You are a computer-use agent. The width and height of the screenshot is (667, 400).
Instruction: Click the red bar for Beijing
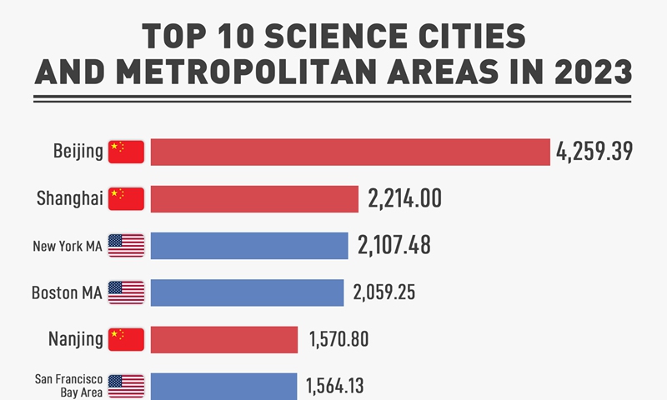click(350, 152)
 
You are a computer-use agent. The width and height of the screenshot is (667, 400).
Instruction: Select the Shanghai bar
click(254, 198)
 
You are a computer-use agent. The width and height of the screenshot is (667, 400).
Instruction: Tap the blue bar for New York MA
click(249, 246)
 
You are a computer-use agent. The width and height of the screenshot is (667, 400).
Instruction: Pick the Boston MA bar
click(247, 292)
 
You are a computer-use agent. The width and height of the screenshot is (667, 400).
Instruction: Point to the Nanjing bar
click(224, 339)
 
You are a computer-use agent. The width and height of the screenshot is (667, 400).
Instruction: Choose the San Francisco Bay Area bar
click(223, 386)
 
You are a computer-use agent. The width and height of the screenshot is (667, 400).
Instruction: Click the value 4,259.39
click(594, 152)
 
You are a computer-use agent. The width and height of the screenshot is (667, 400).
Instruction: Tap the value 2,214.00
click(404, 198)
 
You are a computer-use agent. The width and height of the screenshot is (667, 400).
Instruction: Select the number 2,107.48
click(394, 246)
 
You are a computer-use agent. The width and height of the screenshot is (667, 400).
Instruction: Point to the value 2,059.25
click(384, 292)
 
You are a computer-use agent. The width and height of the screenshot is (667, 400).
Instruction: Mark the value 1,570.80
click(339, 339)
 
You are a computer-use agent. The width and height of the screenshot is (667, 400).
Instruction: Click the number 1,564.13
click(334, 386)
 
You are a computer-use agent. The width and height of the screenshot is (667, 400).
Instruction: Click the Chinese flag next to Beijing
click(126, 152)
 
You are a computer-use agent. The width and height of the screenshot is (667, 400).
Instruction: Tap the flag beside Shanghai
click(126, 198)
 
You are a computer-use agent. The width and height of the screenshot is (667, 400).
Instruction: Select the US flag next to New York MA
click(126, 246)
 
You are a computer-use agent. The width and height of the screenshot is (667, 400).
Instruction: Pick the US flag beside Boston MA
click(126, 292)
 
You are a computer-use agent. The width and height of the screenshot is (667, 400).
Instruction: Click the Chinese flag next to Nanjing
click(126, 339)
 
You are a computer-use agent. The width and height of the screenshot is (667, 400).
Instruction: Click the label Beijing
click(78, 152)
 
